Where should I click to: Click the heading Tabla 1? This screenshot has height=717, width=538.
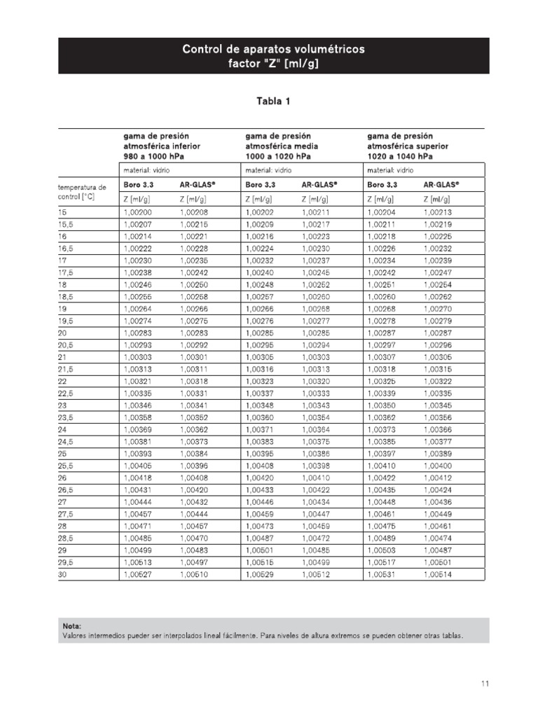tap(273, 102)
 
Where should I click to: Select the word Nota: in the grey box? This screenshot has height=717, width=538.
tap(72, 626)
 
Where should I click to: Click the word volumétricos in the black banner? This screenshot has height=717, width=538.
tap(326, 49)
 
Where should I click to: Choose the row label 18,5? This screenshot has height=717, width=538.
tap(67, 297)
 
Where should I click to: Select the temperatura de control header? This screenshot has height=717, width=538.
tap(81, 192)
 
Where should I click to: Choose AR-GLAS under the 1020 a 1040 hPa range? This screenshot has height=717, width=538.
tap(441, 186)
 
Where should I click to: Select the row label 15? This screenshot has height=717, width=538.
tap(62, 211)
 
